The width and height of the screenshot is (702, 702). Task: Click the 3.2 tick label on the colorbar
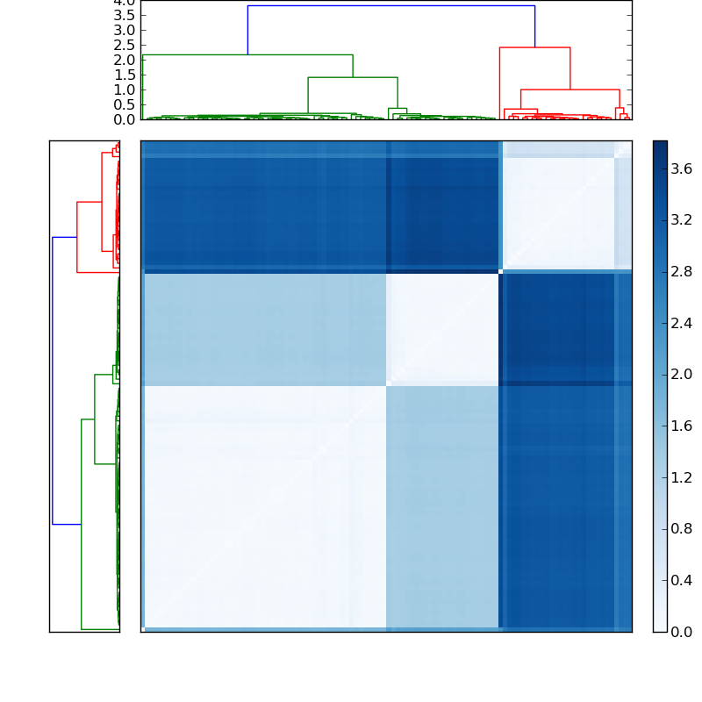click(x=682, y=219)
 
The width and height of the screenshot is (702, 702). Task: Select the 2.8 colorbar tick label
click(x=682, y=271)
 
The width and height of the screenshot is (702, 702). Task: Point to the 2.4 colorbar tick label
click(x=682, y=323)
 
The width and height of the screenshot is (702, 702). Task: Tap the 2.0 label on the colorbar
click(x=682, y=374)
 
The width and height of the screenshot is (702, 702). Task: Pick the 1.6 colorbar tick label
click(x=682, y=426)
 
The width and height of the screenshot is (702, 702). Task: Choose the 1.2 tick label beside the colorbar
click(x=682, y=477)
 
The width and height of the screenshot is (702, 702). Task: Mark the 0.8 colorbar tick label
click(x=682, y=529)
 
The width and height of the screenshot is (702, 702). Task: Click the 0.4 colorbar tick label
click(x=682, y=580)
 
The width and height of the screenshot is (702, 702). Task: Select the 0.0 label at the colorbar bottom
click(x=682, y=632)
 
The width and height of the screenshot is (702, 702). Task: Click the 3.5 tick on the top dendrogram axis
click(x=125, y=16)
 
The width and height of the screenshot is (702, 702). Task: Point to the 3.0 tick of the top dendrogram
click(x=125, y=31)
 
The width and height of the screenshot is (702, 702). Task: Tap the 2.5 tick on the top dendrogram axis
click(x=125, y=46)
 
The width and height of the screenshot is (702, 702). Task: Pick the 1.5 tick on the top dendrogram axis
click(x=125, y=75)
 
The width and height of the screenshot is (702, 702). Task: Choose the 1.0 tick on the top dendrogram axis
click(x=125, y=90)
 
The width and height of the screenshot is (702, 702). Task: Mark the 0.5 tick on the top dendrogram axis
click(x=125, y=104)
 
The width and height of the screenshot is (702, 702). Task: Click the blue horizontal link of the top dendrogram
click(x=390, y=6)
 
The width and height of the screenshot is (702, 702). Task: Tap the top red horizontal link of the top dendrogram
click(x=534, y=47)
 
